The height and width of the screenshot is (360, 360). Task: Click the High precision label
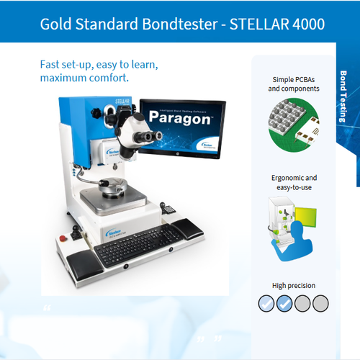click(293, 285)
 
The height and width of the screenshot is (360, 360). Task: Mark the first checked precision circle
click(266, 303)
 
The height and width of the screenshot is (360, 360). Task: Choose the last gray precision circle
click(320, 303)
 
